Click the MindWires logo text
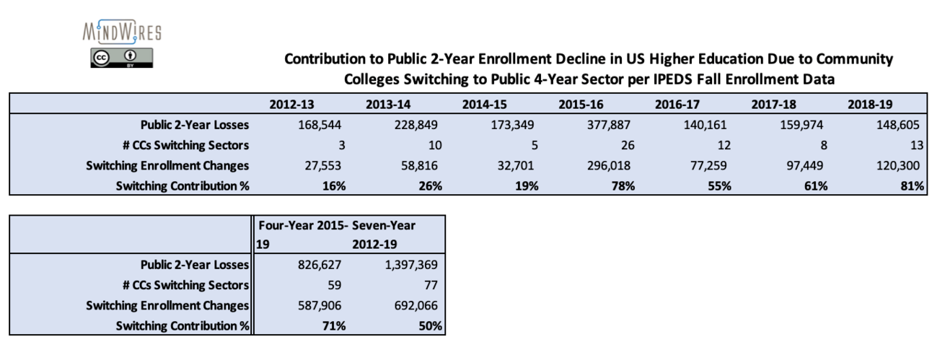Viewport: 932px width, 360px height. (x=122, y=32)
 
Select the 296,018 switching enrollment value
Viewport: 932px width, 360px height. (x=606, y=165)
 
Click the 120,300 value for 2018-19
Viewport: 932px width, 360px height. (x=895, y=165)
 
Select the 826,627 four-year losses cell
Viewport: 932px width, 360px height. (x=320, y=265)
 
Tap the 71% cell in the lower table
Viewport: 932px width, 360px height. (x=333, y=326)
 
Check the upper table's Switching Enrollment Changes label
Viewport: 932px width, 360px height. (x=167, y=165)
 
